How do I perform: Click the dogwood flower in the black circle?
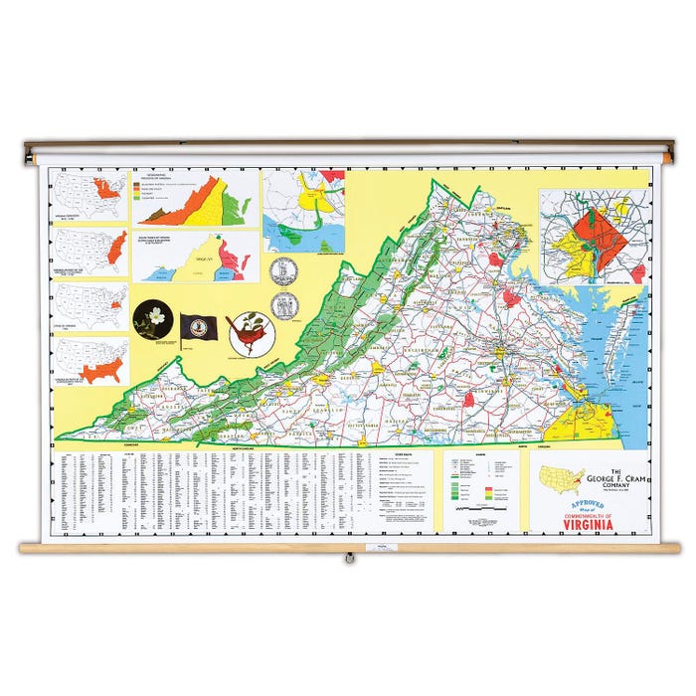pos(153,319)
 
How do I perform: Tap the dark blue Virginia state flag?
pos(197,327)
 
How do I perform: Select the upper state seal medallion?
pos(282,270)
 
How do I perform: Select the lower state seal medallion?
pos(284,306)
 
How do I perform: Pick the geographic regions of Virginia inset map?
pos(193,200)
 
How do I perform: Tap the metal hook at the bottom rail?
pos(348,559)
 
